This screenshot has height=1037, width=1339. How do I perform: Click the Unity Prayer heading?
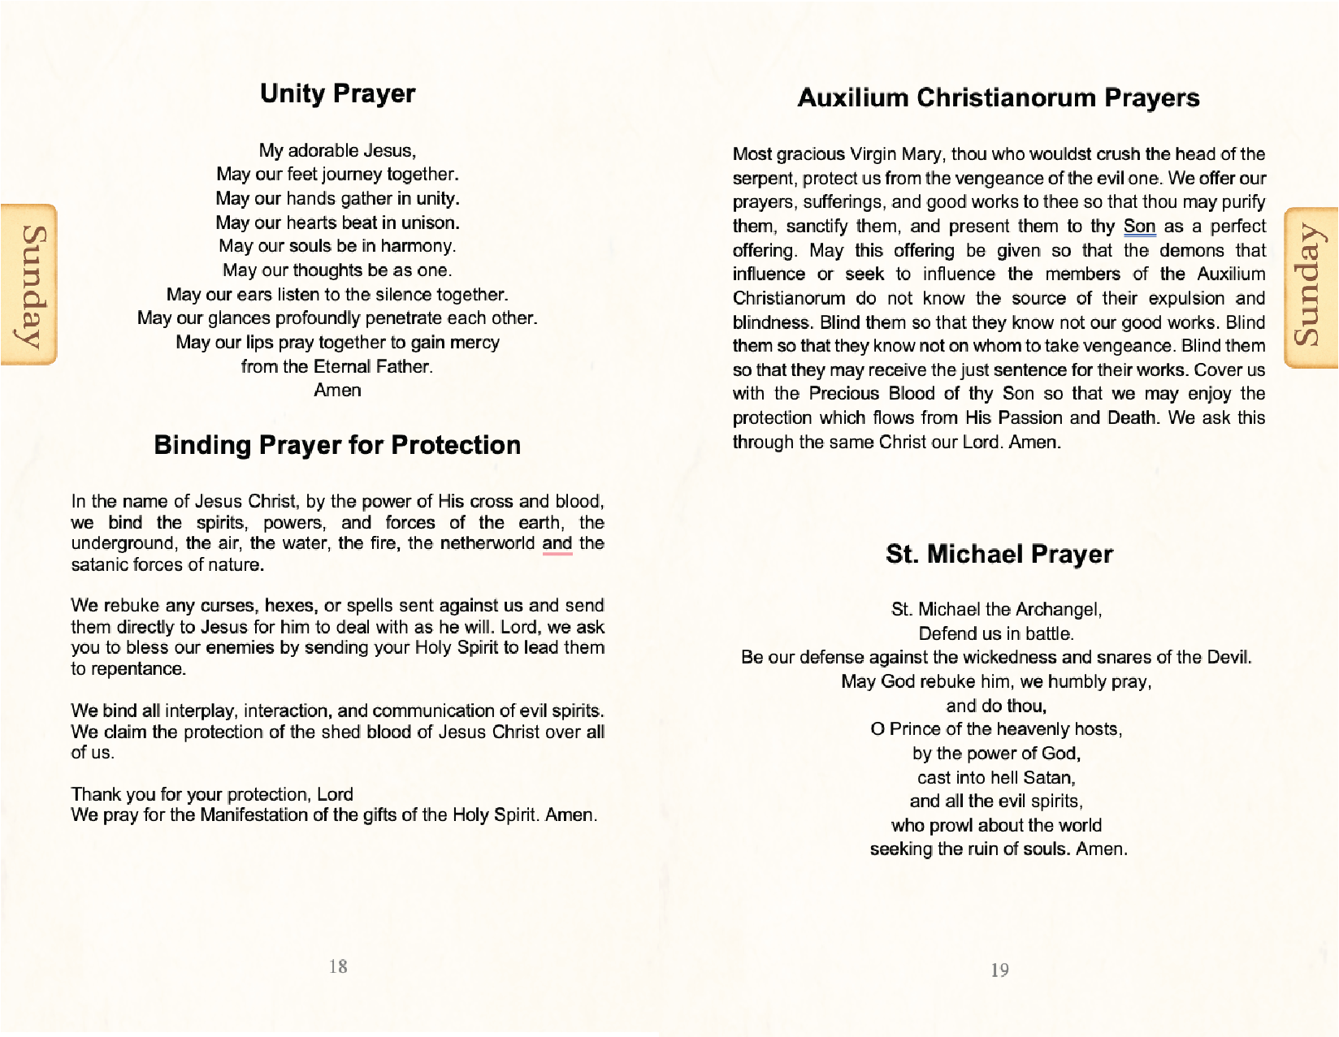(x=337, y=93)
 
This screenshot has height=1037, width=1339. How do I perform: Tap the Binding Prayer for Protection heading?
(x=337, y=445)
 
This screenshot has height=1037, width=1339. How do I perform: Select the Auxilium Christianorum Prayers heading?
(x=999, y=97)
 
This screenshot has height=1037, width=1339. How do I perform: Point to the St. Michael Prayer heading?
(x=999, y=554)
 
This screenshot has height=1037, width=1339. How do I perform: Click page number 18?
(x=338, y=966)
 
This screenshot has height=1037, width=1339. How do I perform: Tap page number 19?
(x=999, y=970)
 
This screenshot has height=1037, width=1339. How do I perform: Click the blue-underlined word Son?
(x=1139, y=227)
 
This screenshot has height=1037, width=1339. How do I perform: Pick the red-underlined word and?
(x=557, y=543)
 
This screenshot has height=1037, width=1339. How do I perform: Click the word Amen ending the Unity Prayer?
(x=337, y=391)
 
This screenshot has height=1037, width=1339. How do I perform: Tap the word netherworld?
(x=487, y=543)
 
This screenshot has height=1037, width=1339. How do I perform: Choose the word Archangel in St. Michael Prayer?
(x=1058, y=609)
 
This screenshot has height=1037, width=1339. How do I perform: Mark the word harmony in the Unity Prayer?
(x=418, y=246)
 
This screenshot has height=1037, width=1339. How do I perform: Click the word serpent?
(x=764, y=179)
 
